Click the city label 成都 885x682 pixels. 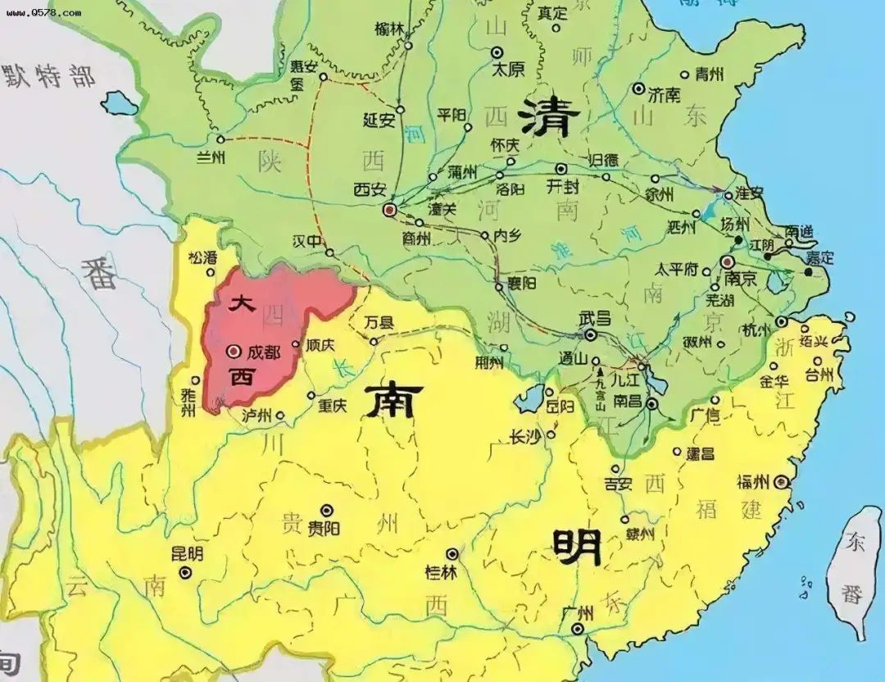263,352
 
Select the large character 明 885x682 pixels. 577,545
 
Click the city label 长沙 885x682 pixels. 524,436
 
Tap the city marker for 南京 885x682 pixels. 727,262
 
